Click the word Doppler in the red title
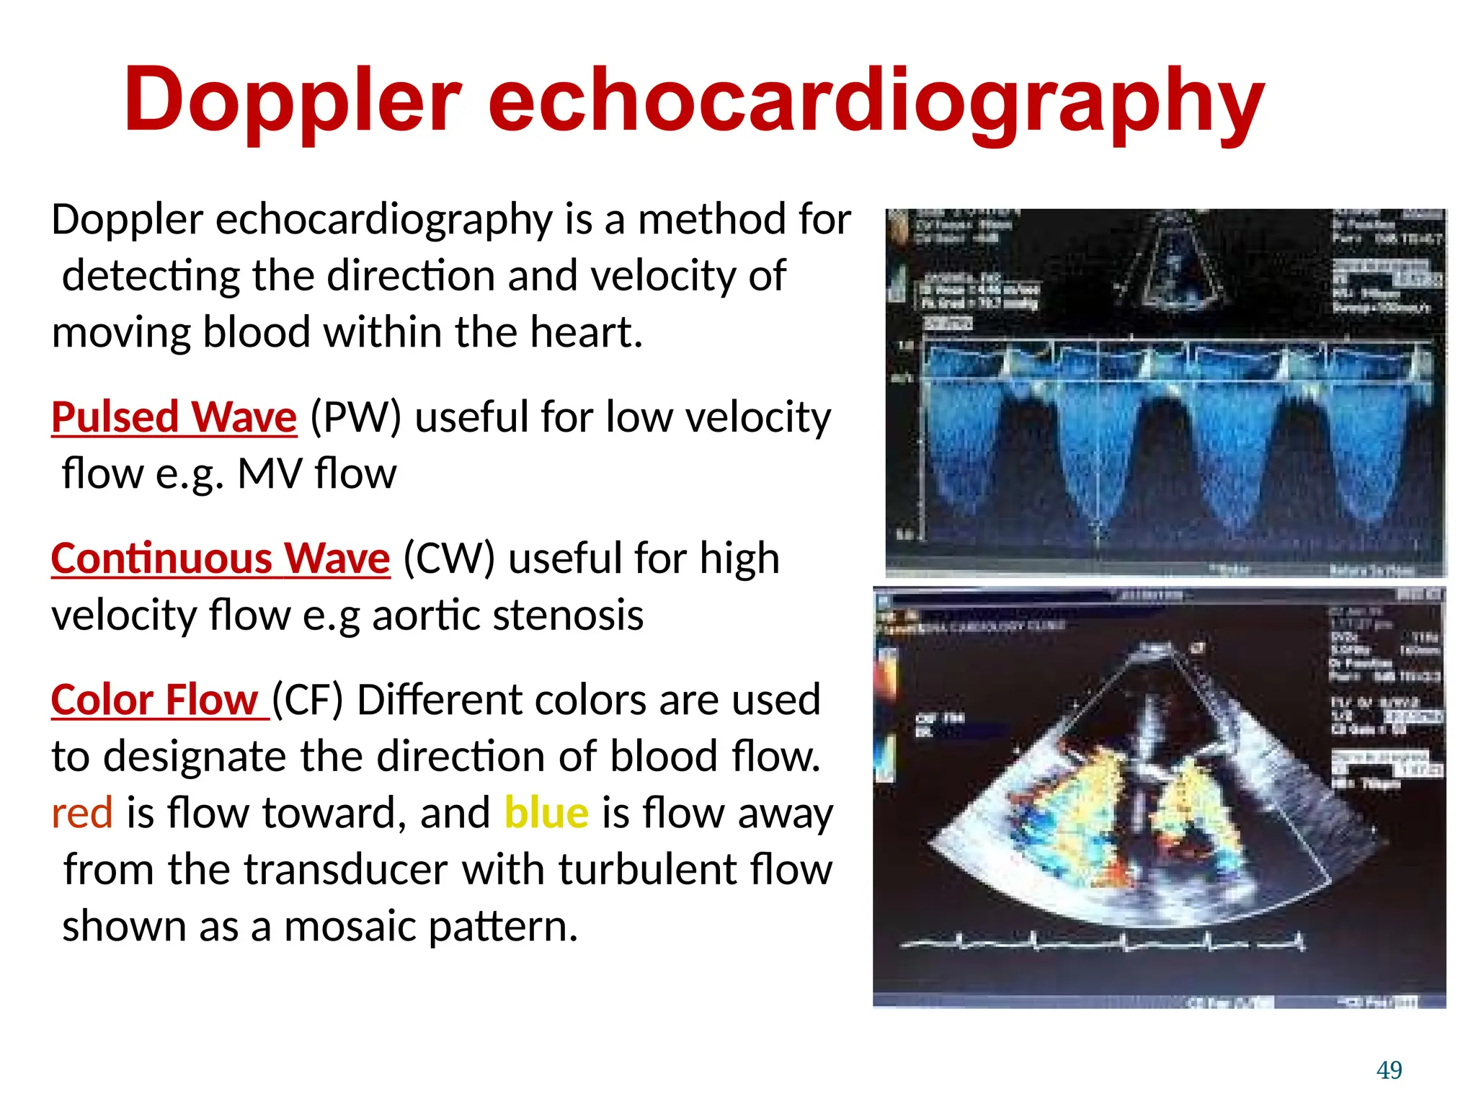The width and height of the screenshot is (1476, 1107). point(292,101)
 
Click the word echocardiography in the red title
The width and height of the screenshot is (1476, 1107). point(876,101)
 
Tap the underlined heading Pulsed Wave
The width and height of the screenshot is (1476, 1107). point(174,417)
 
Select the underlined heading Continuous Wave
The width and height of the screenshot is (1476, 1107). point(221,559)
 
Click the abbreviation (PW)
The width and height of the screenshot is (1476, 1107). point(355,417)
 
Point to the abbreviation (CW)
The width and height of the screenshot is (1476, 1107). point(449,559)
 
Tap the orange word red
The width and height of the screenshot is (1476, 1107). point(82,813)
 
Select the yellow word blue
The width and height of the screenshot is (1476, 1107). point(546,813)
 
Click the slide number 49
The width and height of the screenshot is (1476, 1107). point(1389,1070)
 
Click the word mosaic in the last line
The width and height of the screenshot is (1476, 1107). point(349,926)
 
